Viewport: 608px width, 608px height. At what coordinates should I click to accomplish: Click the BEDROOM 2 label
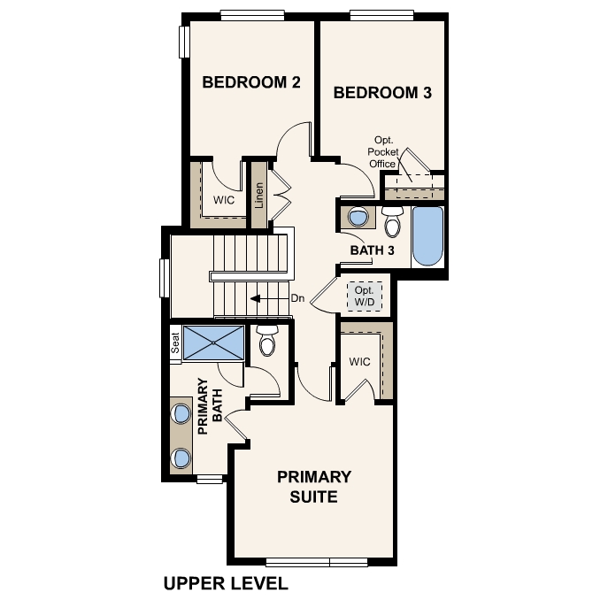251,83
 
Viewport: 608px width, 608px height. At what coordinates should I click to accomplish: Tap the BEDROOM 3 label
381,92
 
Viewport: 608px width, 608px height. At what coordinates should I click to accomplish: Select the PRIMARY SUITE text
314,487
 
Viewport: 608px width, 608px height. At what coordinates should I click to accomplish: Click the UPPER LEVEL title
226,583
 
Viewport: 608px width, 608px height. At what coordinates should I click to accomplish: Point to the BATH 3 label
372,250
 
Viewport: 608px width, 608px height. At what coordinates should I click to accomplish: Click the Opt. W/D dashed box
363,296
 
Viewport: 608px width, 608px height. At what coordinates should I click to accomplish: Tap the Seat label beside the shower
175,342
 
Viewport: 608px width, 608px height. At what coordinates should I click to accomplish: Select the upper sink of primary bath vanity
181,413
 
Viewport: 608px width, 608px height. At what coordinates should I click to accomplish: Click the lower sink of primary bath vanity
181,457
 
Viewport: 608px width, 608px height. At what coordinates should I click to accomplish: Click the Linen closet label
259,196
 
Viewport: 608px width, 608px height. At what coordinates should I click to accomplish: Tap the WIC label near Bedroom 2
224,200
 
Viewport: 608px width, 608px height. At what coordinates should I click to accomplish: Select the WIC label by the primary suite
359,362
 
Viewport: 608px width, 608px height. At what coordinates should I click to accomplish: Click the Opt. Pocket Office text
383,151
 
